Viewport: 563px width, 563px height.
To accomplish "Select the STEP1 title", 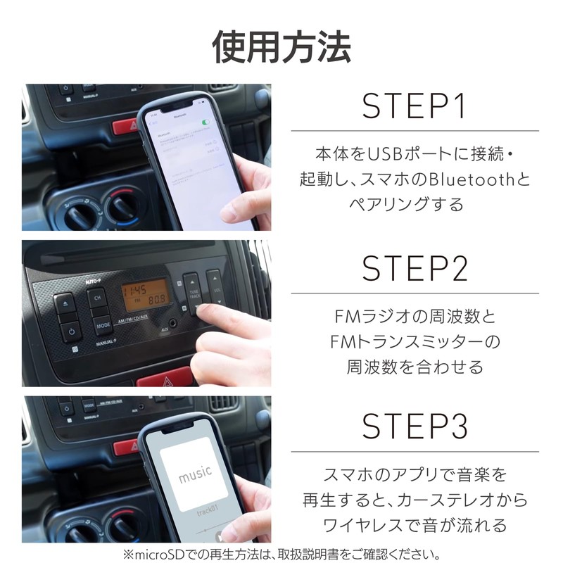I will [415, 106].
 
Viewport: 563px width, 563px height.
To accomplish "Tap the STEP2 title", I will [415, 268].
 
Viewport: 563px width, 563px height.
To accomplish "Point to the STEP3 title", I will [415, 426].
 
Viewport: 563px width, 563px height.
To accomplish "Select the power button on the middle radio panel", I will [71, 333].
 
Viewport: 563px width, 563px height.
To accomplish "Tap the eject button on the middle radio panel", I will [64, 304].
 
